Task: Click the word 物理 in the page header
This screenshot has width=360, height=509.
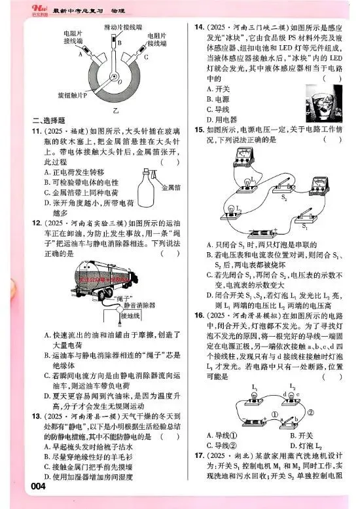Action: click(114, 8)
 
